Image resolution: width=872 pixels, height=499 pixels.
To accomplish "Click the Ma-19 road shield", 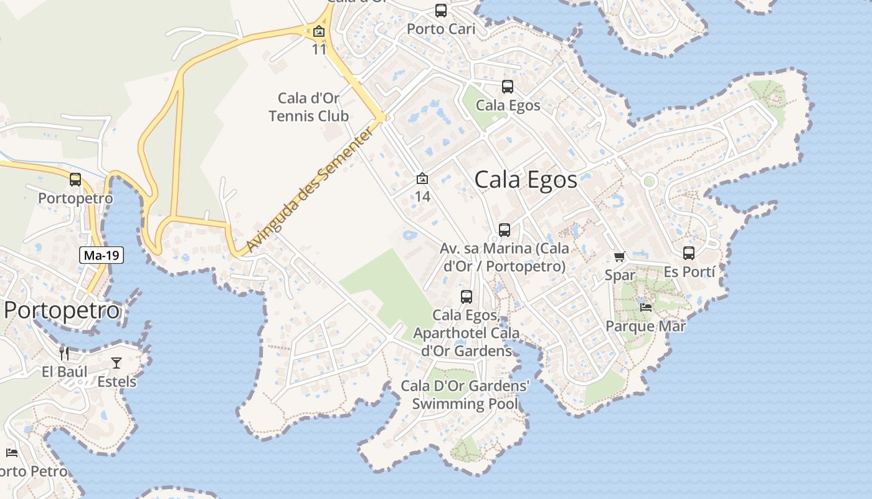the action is click(102, 254).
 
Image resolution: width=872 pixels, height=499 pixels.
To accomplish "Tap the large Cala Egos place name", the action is click(526, 180).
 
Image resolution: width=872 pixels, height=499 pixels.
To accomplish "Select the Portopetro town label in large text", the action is click(61, 310).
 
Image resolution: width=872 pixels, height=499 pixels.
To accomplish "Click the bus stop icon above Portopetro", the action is click(75, 180).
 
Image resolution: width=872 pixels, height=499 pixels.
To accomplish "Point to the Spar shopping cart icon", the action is click(619, 256).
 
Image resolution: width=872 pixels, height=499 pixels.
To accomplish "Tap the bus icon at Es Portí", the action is click(689, 253).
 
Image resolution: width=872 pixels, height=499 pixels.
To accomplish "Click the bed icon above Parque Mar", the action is click(646, 307).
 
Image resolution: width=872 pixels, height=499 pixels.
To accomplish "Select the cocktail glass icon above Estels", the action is click(116, 362).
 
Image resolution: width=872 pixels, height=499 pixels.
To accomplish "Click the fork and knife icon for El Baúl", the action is click(64, 354).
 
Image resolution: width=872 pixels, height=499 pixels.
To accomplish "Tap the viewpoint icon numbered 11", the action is click(319, 31).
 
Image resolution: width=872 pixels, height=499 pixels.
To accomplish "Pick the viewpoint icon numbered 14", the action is click(422, 178).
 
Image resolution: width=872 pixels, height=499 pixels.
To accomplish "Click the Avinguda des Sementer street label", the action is click(312, 188).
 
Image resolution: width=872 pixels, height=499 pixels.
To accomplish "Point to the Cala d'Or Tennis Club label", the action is click(309, 107).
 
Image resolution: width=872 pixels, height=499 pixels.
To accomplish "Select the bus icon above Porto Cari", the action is click(441, 11).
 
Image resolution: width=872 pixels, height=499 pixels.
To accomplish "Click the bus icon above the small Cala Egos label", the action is click(508, 87).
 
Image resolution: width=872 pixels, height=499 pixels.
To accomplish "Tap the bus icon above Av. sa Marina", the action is click(505, 230).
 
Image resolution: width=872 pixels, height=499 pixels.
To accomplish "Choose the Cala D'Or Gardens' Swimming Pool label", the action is click(465, 395).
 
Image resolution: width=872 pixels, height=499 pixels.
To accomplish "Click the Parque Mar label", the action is click(645, 326).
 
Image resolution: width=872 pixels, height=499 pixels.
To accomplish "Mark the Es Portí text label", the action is click(689, 272).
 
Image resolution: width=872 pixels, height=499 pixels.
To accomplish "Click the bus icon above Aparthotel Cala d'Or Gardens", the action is click(467, 297).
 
